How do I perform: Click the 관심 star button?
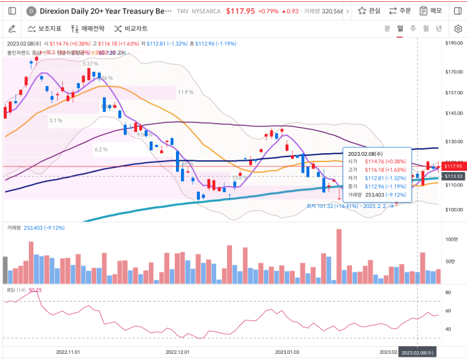point(369,11)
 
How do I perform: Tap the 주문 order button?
point(401,11)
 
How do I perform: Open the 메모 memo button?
point(431,11)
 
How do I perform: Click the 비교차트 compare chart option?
point(131,29)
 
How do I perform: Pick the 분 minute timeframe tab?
point(387,29)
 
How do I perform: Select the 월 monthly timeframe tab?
point(426,29)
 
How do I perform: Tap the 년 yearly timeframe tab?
point(439,29)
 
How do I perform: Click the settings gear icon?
point(458,29)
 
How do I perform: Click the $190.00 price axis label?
point(453,43)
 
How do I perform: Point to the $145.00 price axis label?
point(453,113)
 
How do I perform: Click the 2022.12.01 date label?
point(178,352)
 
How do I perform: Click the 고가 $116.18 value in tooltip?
point(386,170)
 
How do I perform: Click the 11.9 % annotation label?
point(185,92)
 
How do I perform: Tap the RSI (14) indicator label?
point(16,290)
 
